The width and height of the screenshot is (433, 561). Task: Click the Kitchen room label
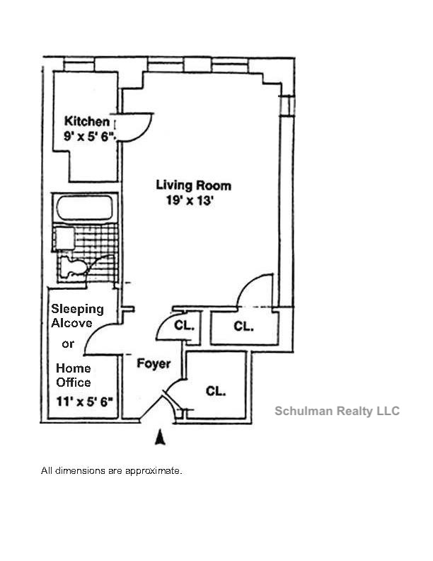87,120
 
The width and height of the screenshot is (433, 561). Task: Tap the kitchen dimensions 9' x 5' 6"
89,137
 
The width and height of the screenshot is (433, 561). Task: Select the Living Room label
193,186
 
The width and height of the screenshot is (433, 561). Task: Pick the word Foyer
154,364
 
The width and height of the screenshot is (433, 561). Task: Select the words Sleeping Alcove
77,316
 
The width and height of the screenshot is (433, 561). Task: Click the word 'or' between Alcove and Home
68,344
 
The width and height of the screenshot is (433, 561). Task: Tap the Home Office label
74,375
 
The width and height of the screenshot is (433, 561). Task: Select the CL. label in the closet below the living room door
243,327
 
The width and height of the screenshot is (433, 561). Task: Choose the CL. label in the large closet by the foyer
216,390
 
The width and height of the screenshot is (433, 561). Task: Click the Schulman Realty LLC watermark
337,411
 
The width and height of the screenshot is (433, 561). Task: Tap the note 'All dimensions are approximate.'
112,470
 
